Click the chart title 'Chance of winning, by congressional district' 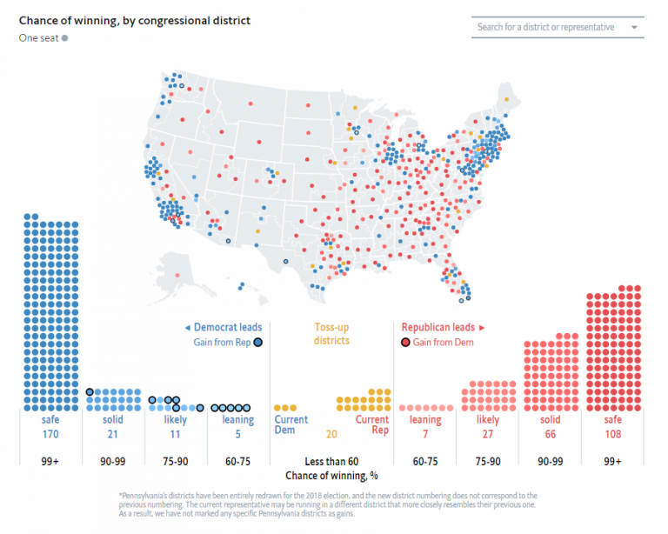135,20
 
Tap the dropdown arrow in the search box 634,28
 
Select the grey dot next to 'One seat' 64,38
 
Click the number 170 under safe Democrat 50,434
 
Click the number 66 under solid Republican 550,434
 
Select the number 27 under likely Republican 487,434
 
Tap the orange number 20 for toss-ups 331,434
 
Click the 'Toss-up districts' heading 331,334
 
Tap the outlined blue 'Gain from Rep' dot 257,343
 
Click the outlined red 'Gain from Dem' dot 405,343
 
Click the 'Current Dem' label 292,426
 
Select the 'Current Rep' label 372,426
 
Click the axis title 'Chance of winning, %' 331,476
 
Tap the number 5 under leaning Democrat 237,434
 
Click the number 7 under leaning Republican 425,434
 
